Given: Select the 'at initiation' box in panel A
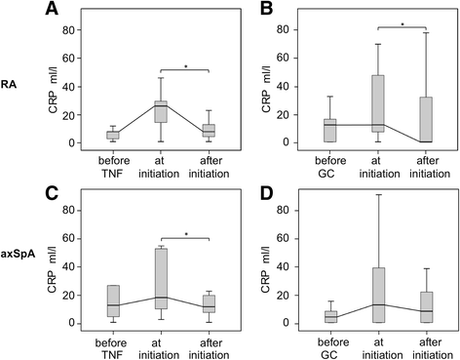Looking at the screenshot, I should [x=160, y=111].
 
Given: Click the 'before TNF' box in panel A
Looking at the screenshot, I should [x=114, y=135].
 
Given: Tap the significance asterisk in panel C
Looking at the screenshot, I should [x=183, y=233].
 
